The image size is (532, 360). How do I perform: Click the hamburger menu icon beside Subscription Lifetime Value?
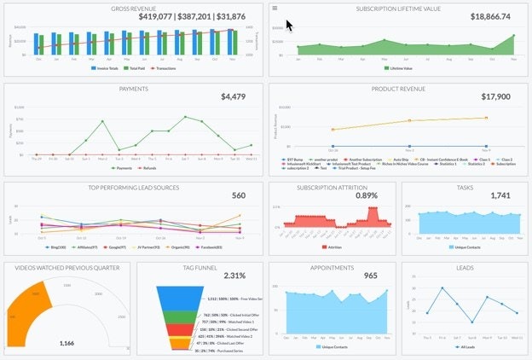click(275, 8)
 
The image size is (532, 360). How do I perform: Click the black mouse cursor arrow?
click(289, 23)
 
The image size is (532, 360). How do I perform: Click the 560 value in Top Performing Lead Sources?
click(239, 195)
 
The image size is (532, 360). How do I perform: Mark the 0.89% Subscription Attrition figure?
click(367, 195)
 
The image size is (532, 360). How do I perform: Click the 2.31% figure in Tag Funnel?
click(234, 276)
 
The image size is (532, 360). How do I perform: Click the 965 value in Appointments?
click(371, 276)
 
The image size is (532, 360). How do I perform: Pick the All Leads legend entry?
click(465, 348)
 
